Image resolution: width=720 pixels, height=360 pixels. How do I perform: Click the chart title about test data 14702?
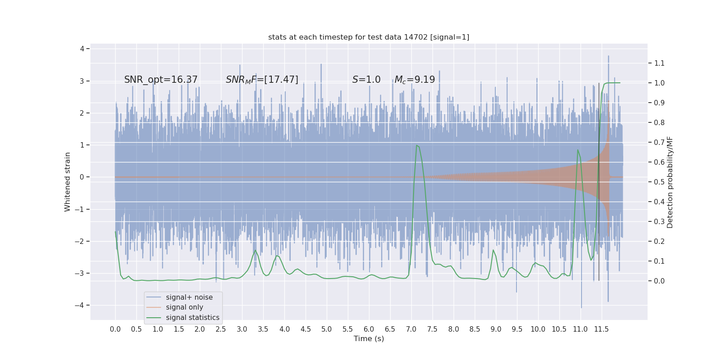[369, 37]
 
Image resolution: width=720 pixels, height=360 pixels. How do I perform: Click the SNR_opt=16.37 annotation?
[161, 80]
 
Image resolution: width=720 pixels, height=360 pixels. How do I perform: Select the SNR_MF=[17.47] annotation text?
[262, 80]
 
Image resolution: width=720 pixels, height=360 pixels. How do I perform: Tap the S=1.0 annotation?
[366, 80]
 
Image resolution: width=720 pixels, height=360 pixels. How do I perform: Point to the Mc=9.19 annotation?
[414, 80]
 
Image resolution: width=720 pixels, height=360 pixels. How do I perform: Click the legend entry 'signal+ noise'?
[189, 297]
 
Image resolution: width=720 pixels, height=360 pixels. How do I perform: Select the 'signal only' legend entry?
[184, 307]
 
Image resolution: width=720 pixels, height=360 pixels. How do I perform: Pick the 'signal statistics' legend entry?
[193, 318]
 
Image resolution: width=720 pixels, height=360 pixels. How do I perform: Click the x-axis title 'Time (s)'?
[369, 338]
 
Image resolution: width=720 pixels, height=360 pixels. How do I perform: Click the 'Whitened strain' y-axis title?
[67, 182]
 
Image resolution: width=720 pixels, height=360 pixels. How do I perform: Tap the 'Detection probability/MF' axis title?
[670, 182]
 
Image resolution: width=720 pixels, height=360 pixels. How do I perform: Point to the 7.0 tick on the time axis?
[411, 329]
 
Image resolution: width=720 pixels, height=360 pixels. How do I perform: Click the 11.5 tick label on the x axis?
[601, 329]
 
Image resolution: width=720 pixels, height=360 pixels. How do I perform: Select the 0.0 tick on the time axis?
[115, 329]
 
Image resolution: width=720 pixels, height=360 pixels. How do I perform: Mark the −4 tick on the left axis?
[81, 305]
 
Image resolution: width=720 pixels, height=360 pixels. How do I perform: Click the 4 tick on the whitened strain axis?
[82, 49]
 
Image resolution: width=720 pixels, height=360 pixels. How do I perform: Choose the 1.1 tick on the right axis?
[659, 63]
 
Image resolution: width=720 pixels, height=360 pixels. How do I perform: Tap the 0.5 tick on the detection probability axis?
[659, 182]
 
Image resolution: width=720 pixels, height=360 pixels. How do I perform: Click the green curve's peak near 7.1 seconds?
[417, 145]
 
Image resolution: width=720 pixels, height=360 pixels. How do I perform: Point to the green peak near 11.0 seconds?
[578, 150]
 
